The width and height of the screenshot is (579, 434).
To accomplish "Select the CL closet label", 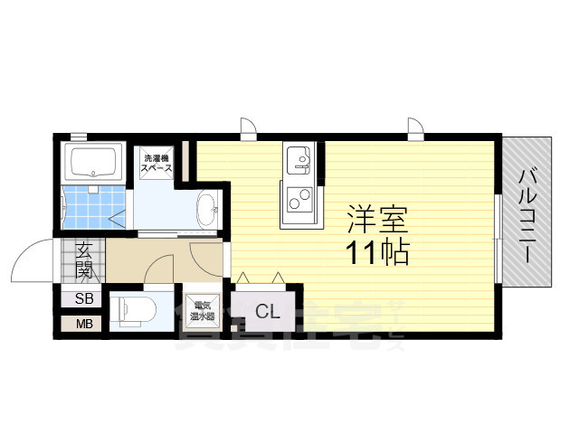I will [x=266, y=313].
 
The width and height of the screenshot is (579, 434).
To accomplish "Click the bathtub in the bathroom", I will [x=96, y=163].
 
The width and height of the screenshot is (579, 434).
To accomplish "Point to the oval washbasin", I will [x=207, y=211].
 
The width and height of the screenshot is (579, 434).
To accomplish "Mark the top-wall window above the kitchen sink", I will [x=249, y=127].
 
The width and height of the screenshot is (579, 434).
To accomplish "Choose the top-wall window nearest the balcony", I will [x=415, y=127].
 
